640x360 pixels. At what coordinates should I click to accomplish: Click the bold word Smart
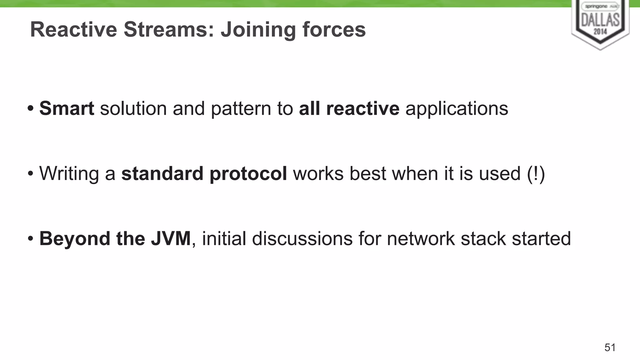[x=67, y=108]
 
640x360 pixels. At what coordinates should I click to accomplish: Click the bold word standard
[x=162, y=173]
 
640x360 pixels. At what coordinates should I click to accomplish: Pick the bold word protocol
[x=248, y=174]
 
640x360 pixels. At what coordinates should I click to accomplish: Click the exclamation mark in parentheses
[x=536, y=173]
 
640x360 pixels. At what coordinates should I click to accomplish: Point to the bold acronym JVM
[x=171, y=238]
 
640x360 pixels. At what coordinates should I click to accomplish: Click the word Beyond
[x=74, y=238]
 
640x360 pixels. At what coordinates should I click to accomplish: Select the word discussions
[x=302, y=238]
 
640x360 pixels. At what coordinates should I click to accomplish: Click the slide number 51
[x=610, y=347]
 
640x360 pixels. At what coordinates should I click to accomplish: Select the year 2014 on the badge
[x=600, y=31]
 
